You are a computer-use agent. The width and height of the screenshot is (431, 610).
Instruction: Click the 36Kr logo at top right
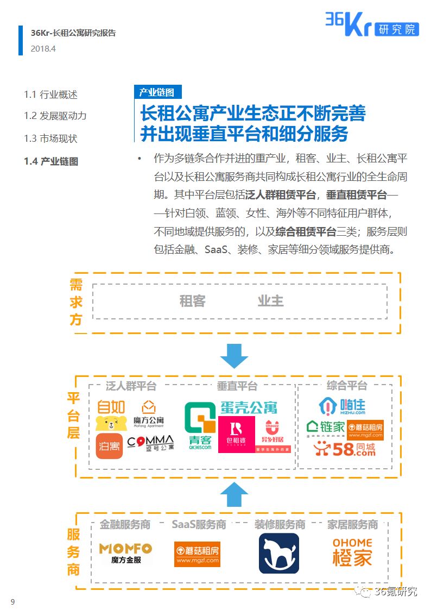pyautogui.click(x=372, y=24)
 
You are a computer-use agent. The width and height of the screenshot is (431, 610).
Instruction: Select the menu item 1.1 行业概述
pyautogui.click(x=50, y=95)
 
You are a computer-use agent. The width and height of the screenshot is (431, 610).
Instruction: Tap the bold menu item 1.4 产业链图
pyautogui.click(x=51, y=161)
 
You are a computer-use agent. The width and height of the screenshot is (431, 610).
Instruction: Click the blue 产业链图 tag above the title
pyautogui.click(x=157, y=92)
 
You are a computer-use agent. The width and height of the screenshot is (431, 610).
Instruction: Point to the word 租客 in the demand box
pyautogui.click(x=193, y=301)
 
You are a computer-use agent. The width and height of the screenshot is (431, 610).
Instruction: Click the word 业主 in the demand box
pyautogui.click(x=270, y=301)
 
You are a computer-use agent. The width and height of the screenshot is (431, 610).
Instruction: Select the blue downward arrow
pyautogui.click(x=234, y=356)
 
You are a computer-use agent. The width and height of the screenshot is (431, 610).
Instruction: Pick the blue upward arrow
pyautogui.click(x=234, y=494)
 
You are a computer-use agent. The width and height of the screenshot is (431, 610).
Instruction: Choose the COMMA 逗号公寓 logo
pyautogui.click(x=150, y=442)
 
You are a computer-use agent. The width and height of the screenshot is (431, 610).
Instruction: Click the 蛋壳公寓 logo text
pyautogui.click(x=249, y=407)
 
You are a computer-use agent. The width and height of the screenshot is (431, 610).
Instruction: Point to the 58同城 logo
pyautogui.click(x=344, y=449)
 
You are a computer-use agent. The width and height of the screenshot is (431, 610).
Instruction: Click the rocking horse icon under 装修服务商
pyautogui.click(x=278, y=553)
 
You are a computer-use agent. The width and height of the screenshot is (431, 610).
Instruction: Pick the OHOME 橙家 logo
pyautogui.click(x=352, y=552)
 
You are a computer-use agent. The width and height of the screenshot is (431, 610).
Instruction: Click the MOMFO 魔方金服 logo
pyautogui.click(x=125, y=552)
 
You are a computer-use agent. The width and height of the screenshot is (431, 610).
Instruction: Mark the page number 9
pyautogui.click(x=12, y=601)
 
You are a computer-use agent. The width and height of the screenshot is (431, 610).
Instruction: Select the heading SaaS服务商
pyautogui.click(x=199, y=525)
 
